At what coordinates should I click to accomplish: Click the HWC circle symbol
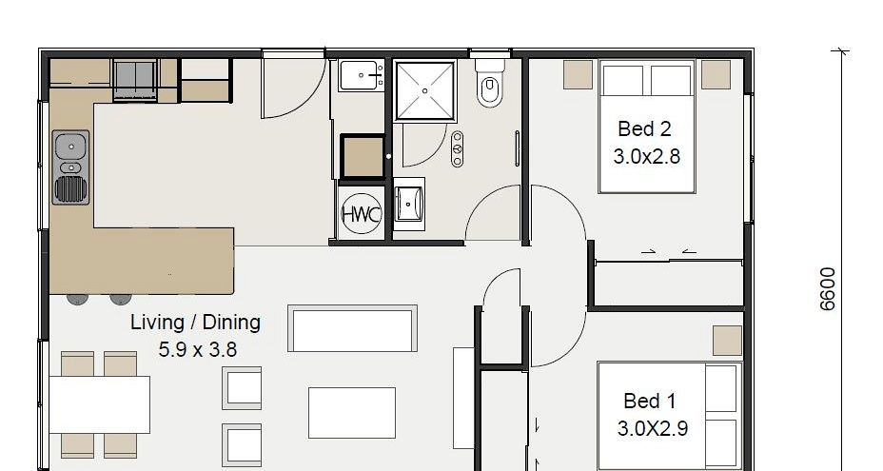point(361,214)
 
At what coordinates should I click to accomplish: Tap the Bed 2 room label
point(644,129)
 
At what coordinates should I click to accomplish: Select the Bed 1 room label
point(649,402)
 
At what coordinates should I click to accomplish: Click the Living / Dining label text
point(195,323)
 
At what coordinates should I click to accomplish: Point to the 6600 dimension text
point(827,289)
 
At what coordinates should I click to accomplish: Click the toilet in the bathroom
point(490,84)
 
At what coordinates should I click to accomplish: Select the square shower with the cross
point(424,90)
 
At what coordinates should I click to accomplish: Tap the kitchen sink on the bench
point(71,167)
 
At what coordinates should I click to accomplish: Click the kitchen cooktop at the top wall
point(135,80)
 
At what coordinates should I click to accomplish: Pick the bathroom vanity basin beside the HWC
point(409,204)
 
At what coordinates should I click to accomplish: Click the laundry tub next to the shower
point(362,75)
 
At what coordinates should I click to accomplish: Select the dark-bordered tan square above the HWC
point(363,157)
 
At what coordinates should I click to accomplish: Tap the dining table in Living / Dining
point(100,404)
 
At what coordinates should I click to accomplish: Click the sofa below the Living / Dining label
point(352,328)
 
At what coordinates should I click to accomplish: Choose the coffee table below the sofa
point(352,413)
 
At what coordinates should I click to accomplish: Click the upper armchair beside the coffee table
point(242,387)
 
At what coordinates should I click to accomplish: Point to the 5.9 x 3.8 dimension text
point(198,350)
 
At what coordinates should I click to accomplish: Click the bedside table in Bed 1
point(727,341)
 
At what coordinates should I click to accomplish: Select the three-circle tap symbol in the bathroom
point(458,148)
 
